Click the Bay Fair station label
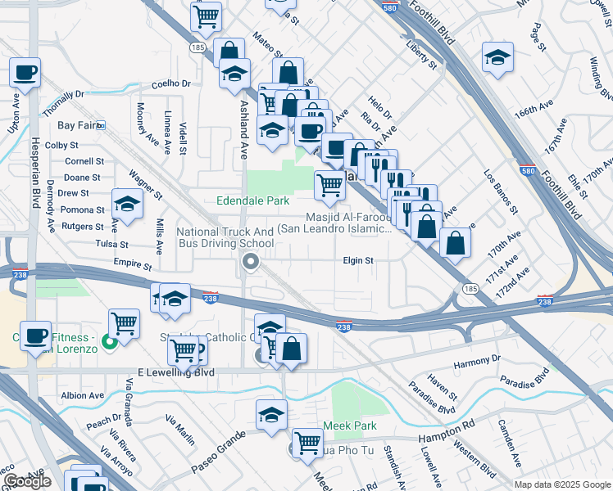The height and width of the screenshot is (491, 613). click(78, 125)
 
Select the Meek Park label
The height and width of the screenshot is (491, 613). click(350, 426)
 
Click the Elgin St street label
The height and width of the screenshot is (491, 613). click(358, 261)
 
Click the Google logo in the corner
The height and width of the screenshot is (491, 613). click(26, 481)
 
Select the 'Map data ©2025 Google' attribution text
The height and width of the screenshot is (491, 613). click(562, 484)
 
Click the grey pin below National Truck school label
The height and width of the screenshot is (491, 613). click(250, 262)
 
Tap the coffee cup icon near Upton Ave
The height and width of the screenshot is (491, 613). click(25, 72)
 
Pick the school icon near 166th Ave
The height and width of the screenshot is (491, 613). click(497, 57)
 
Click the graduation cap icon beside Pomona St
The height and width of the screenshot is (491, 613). click(127, 204)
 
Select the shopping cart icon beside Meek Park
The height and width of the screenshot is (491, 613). click(307, 443)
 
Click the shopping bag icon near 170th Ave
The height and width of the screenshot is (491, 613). click(455, 241)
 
